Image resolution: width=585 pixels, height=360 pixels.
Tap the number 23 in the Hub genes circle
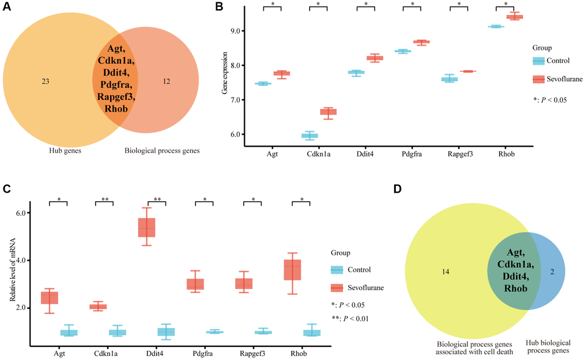click(x=45, y=81)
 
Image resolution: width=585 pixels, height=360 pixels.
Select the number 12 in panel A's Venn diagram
click(x=166, y=81)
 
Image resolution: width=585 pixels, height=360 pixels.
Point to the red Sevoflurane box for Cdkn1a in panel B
click(x=328, y=112)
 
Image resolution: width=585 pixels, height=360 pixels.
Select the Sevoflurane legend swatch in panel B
click(x=539, y=79)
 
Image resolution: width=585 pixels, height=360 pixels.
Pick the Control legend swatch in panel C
click(x=337, y=270)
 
